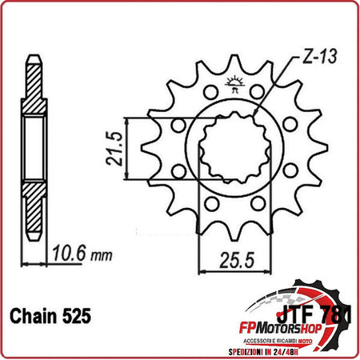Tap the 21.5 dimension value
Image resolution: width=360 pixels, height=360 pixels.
[114, 148]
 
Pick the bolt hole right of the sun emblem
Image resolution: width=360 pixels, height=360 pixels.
[257, 90]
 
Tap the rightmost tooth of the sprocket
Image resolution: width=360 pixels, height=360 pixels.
[322, 148]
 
